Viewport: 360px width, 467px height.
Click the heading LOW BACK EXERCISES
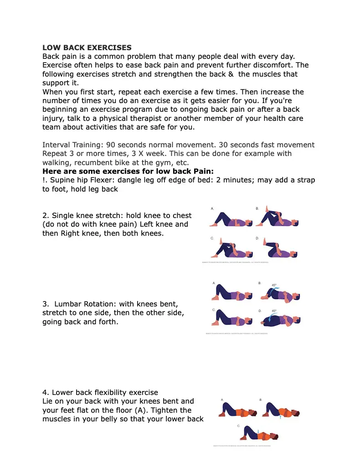pyautogui.click(x=87, y=47)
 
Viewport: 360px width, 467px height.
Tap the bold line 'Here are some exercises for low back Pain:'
pyautogui.click(x=128, y=171)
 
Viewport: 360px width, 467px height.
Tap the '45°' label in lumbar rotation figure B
pyautogui.click(x=274, y=285)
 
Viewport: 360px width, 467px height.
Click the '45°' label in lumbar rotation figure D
pyautogui.click(x=274, y=311)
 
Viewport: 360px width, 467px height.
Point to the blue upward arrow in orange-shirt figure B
pyautogui.click(x=281, y=415)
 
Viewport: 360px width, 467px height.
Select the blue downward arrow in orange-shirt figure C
pyautogui.click(x=258, y=431)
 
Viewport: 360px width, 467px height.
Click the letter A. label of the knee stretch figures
pyautogui.click(x=212, y=208)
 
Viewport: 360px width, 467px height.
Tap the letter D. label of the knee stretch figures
pyautogui.click(x=257, y=238)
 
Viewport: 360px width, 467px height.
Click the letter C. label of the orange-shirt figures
pyautogui.click(x=238, y=425)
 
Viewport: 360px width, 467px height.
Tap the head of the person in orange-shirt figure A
pyautogui.click(x=253, y=412)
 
